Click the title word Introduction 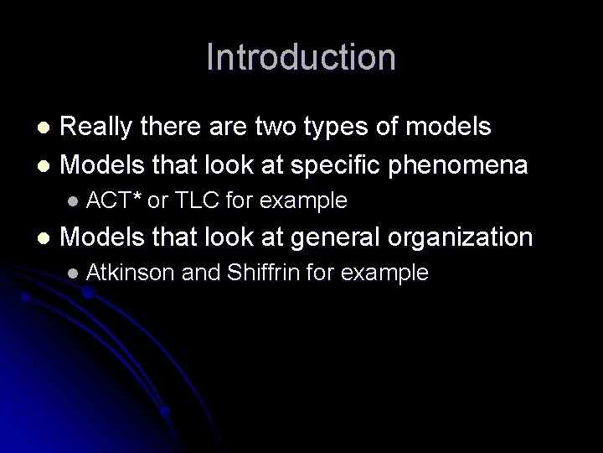[301, 57]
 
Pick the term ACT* [114, 200]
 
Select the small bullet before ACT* [73, 201]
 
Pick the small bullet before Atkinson [73, 273]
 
